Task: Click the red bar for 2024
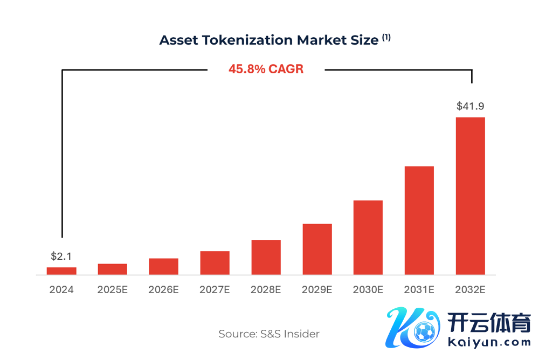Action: (x=61, y=271)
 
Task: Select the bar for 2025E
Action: (x=112, y=269)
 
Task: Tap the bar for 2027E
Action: (x=215, y=262)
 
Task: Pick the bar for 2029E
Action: (x=317, y=249)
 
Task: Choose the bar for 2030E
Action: (x=368, y=237)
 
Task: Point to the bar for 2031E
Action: (x=419, y=220)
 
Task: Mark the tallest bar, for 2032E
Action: (x=471, y=196)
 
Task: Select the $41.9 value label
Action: (x=471, y=106)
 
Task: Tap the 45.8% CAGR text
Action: (x=266, y=69)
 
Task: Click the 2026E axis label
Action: (x=163, y=289)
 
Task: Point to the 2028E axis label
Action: (x=266, y=289)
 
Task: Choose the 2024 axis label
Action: (x=61, y=289)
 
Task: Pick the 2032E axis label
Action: (x=471, y=289)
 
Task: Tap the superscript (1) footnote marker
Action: (x=386, y=37)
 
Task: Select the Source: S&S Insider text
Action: (x=269, y=334)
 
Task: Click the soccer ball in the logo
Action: (x=424, y=333)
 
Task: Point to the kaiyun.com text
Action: (x=489, y=342)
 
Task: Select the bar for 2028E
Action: (x=266, y=257)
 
